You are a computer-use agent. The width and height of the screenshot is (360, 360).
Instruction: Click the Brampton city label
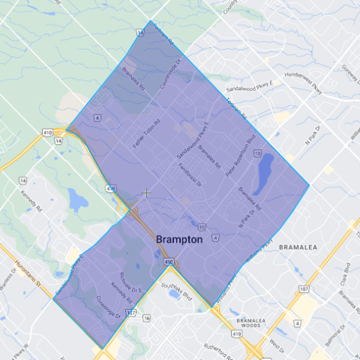tap(179, 239)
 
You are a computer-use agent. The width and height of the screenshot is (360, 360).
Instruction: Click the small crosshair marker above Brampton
tap(146, 192)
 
